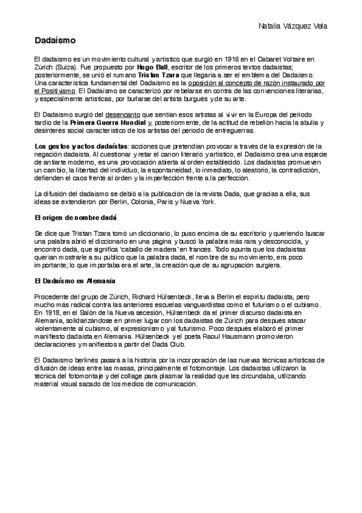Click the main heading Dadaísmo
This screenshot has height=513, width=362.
[x=54, y=41]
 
